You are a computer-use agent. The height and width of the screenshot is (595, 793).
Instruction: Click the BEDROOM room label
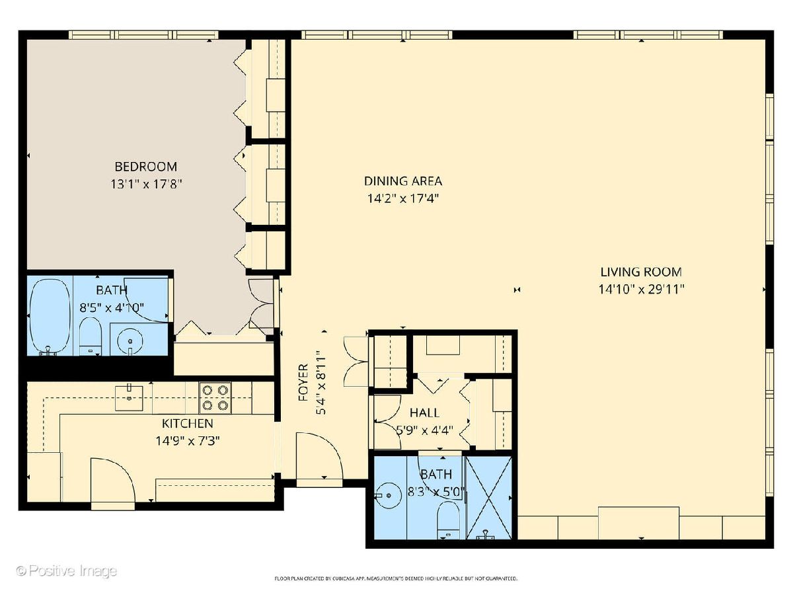pos(146,167)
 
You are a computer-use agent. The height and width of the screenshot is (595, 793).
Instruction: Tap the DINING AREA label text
pos(403,180)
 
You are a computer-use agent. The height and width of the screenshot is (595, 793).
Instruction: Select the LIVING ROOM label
pos(641,271)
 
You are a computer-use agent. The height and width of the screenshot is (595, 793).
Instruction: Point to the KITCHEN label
pos(188,423)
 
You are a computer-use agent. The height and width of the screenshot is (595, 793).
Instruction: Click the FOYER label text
pos(303,383)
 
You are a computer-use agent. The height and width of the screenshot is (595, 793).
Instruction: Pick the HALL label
pos(424,412)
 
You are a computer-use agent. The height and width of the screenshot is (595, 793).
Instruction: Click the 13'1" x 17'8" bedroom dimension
pos(145,184)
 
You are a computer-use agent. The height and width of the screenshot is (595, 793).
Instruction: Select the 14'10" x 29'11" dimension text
pos(642,290)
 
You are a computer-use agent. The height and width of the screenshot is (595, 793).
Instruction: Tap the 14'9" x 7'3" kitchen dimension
pos(188,441)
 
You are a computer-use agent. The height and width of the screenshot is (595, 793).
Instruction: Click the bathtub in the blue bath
pos(50,315)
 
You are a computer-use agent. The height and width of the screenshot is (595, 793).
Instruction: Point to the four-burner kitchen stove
pos(215,397)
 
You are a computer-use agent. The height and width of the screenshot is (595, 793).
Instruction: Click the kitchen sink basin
pos(129,398)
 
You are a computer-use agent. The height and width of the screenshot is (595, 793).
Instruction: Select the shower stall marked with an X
pos(489,497)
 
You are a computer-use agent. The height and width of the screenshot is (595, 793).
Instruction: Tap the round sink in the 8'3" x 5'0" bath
pos(388,495)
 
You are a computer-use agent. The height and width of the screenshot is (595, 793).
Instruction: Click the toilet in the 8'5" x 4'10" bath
pos(90,336)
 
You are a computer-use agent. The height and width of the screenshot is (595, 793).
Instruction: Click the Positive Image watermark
pos(67,571)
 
